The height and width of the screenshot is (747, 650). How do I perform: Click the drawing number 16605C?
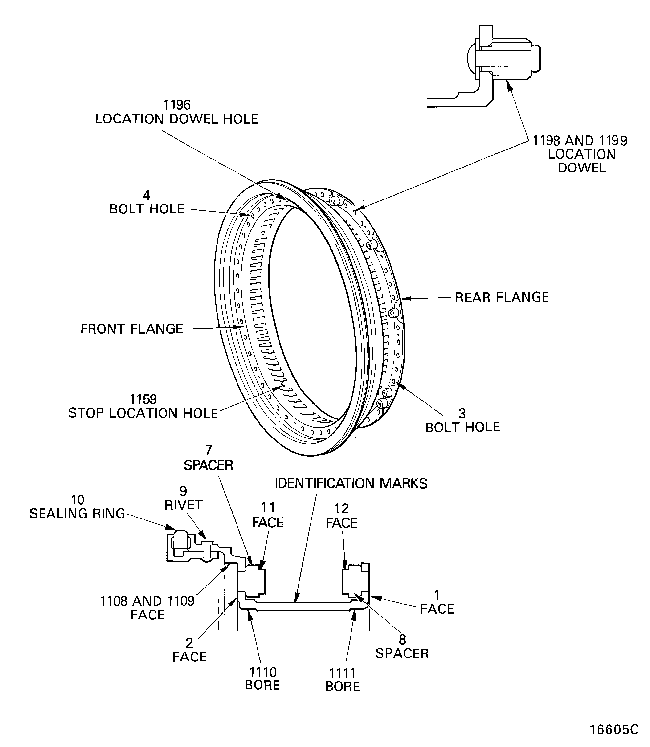[x=614, y=729]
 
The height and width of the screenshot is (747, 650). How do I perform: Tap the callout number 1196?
[x=177, y=105]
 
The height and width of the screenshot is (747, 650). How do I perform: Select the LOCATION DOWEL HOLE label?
[x=177, y=119]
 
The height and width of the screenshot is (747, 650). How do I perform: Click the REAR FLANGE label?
[x=502, y=298]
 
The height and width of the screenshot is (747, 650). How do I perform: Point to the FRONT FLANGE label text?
[x=132, y=329]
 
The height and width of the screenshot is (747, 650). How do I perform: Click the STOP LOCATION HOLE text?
[x=143, y=413]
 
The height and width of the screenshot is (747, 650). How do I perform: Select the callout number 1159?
[x=143, y=399]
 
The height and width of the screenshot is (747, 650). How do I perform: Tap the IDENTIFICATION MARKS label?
[x=351, y=484]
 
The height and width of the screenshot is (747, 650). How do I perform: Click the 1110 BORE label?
[x=262, y=679]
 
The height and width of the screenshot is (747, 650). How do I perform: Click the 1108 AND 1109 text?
[x=147, y=601]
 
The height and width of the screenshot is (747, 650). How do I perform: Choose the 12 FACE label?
[x=341, y=516]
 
